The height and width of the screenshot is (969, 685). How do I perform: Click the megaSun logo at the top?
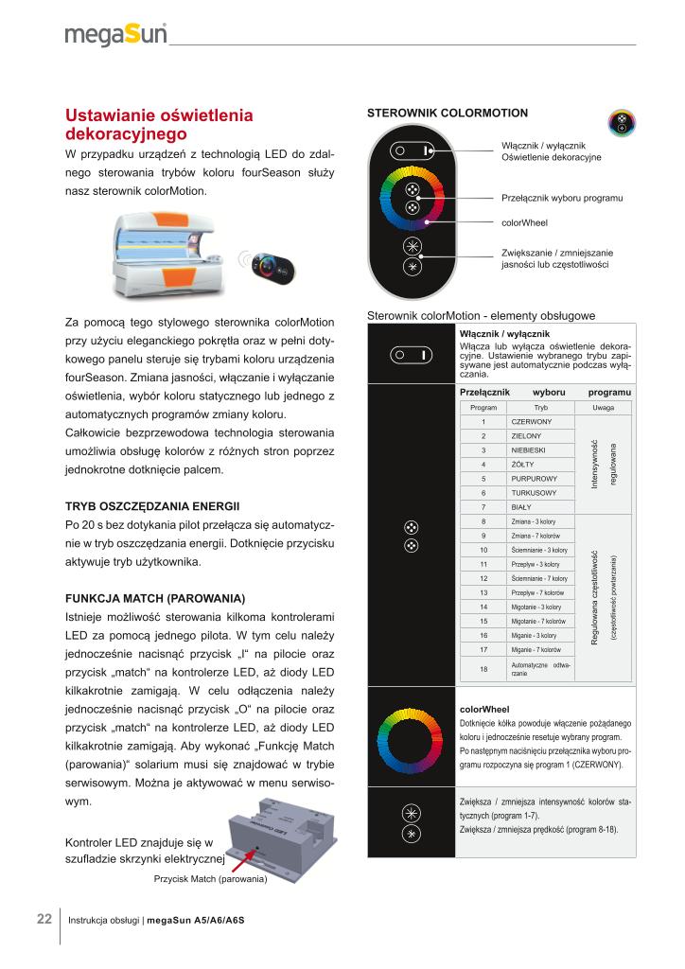pyautogui.click(x=115, y=35)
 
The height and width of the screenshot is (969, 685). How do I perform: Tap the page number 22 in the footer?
pyautogui.click(x=44, y=918)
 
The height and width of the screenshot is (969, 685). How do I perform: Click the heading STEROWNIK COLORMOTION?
pyautogui.click(x=447, y=114)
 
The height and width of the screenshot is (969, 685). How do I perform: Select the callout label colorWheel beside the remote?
pyautogui.click(x=524, y=223)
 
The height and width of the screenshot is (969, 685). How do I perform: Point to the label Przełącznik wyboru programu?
pyautogui.click(x=561, y=199)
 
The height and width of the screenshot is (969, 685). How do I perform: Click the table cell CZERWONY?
pyautogui.click(x=531, y=422)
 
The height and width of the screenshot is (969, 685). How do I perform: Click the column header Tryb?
pyautogui.click(x=540, y=407)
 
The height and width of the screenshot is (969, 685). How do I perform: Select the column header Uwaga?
pyautogui.click(x=603, y=407)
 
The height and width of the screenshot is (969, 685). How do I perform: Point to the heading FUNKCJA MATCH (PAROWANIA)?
pyautogui.click(x=155, y=599)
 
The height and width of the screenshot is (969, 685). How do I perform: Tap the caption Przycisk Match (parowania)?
pyautogui.click(x=210, y=879)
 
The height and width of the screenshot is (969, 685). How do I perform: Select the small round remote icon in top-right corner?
pyautogui.click(x=624, y=122)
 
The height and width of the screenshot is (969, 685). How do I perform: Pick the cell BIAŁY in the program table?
pyautogui.click(x=521, y=507)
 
